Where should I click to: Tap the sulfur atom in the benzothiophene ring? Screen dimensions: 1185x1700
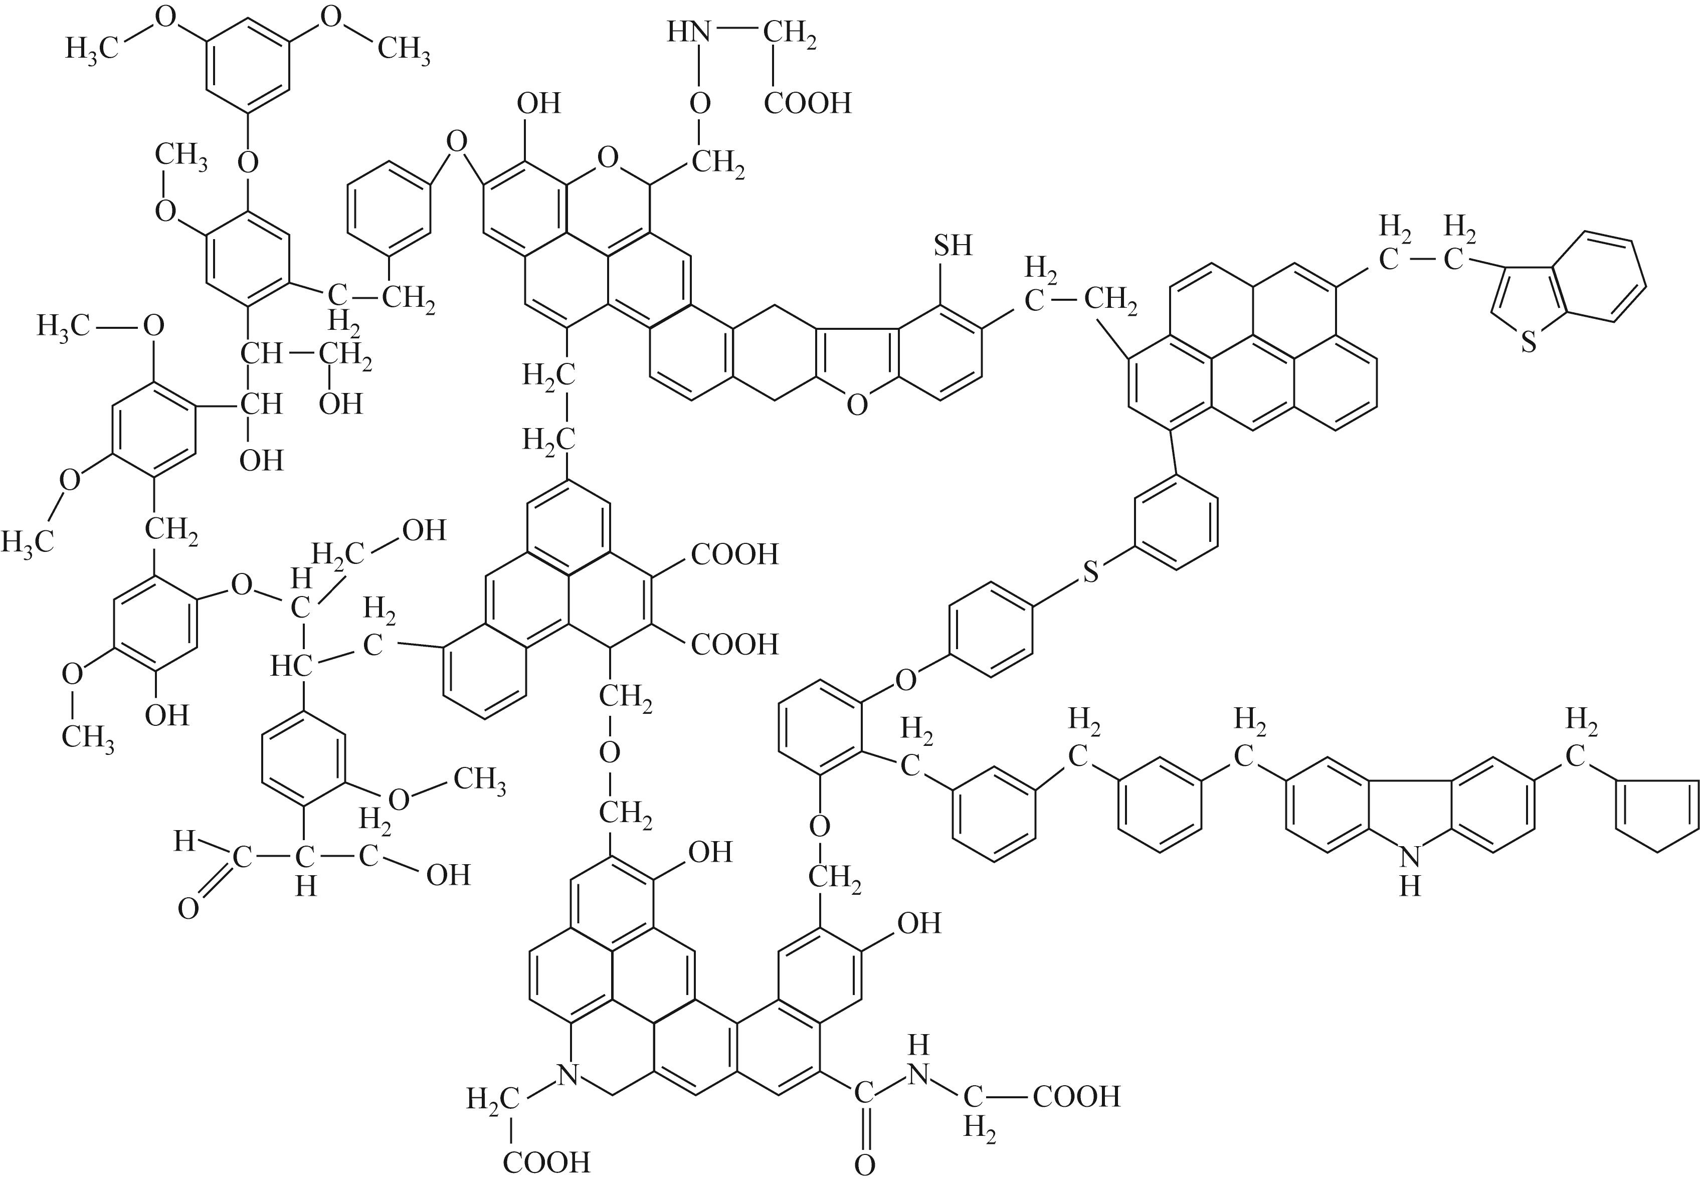1528,342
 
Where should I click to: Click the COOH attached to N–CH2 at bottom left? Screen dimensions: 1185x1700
546,1163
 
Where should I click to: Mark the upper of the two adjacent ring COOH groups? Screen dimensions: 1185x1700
734,554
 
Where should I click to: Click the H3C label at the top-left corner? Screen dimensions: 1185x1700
92,49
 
